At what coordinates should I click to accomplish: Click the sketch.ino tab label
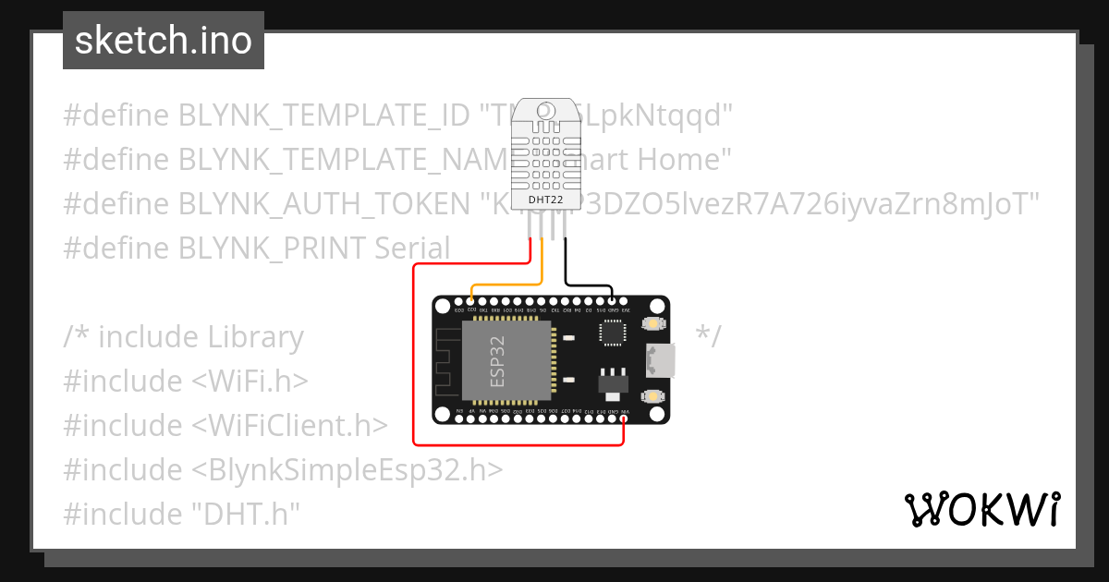(164, 41)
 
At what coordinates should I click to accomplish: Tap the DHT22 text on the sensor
(545, 200)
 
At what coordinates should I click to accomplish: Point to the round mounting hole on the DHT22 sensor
(545, 113)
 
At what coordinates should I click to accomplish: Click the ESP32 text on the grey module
(498, 361)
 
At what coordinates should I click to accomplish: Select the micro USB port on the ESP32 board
(663, 359)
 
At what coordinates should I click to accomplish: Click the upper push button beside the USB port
(654, 324)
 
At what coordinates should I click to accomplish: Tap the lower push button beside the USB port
(654, 395)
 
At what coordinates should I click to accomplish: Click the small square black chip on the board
(612, 333)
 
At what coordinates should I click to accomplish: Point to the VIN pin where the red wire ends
(626, 419)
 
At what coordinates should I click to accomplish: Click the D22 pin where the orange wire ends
(472, 299)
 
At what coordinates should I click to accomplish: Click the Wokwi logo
(981, 509)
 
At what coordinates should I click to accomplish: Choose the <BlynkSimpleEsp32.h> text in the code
(347, 469)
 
